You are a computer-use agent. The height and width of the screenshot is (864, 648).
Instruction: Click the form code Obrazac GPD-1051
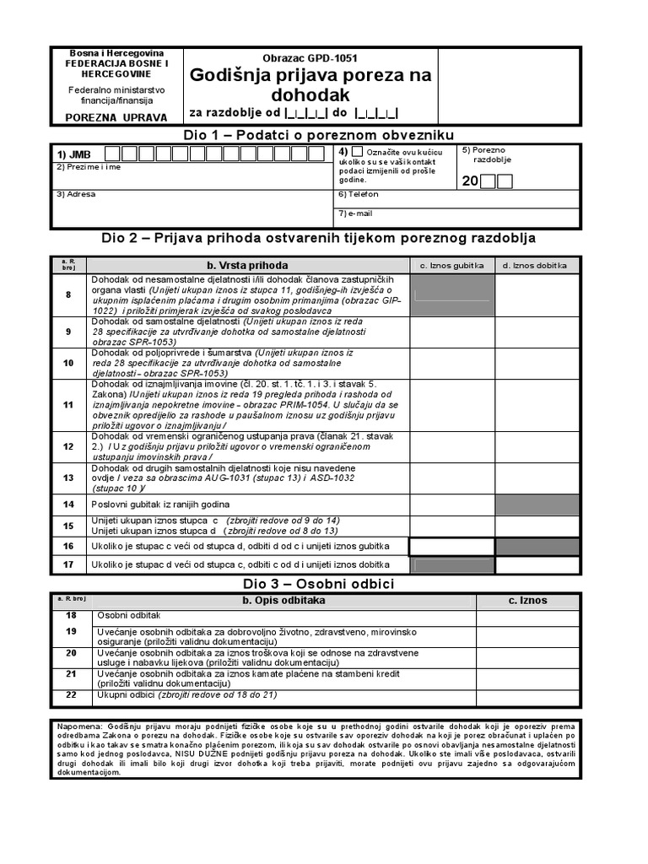coord(310,58)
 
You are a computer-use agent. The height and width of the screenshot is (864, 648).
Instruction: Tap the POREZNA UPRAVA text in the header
coord(116,117)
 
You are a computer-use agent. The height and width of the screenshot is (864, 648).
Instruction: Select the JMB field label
coord(73,154)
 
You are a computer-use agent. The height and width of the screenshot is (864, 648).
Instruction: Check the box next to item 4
coord(358,152)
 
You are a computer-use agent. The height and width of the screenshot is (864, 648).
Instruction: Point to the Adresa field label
coord(76,194)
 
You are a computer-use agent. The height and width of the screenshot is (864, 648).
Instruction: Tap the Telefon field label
coord(353,194)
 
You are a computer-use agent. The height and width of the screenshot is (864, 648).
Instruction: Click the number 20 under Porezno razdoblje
coord(469,181)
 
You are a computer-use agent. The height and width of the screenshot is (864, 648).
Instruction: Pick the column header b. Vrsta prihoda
coord(240,265)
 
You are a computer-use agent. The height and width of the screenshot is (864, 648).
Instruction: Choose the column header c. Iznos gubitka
coord(451,265)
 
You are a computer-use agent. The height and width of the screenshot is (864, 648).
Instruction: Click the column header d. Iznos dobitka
coord(537,265)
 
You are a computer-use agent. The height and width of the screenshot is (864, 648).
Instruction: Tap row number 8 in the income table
coord(68,294)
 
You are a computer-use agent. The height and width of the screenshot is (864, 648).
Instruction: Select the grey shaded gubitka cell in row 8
coord(451,289)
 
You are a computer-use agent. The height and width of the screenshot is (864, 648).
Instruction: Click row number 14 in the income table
coord(68,504)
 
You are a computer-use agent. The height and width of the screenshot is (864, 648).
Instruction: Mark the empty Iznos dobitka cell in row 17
coord(537,565)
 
